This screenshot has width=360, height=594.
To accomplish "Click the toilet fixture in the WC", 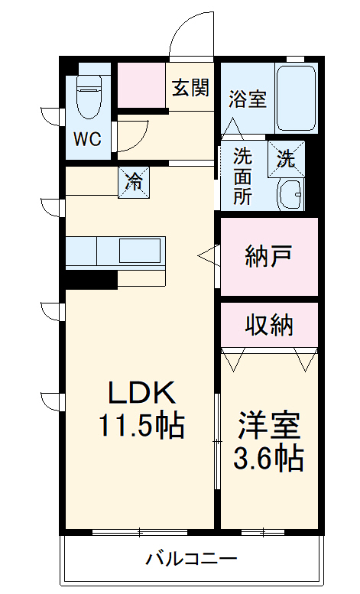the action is coord(89,96).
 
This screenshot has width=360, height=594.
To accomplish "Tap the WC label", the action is coord(88,139).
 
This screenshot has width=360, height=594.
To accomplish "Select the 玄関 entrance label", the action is coord(190,87).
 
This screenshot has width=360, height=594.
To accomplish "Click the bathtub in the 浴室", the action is coord(296,99).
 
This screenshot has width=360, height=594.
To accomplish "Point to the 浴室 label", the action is coord(248,99).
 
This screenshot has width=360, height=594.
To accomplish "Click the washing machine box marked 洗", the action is coord(286,159).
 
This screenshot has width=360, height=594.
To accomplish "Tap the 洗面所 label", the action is coord(242,176).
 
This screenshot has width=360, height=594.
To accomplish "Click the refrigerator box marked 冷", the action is coord(134,182).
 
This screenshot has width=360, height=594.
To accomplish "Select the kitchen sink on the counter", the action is coord(140,251).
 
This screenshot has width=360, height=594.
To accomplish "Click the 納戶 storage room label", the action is coord(269,256).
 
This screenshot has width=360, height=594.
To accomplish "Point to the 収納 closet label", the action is coord(269,325).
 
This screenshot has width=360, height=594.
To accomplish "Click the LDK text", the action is coord(141,392).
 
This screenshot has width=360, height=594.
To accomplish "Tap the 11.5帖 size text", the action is coord(141,425).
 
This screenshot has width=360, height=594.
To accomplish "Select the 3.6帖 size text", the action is coord(268,458).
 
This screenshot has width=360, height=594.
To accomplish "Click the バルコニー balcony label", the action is coord(192,558).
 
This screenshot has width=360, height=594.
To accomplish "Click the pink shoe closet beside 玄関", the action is coord(141,85).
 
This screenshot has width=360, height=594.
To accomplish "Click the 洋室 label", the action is coord(269,425).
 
